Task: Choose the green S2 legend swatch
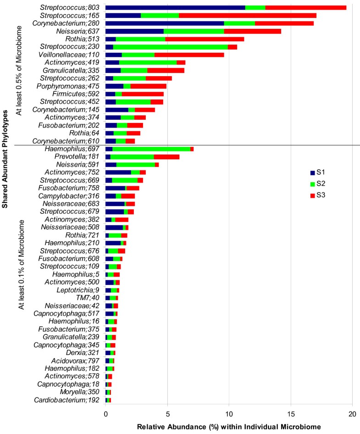[x=313, y=184]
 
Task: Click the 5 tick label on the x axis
[x=167, y=413]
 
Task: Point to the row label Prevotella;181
[x=81, y=157]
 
